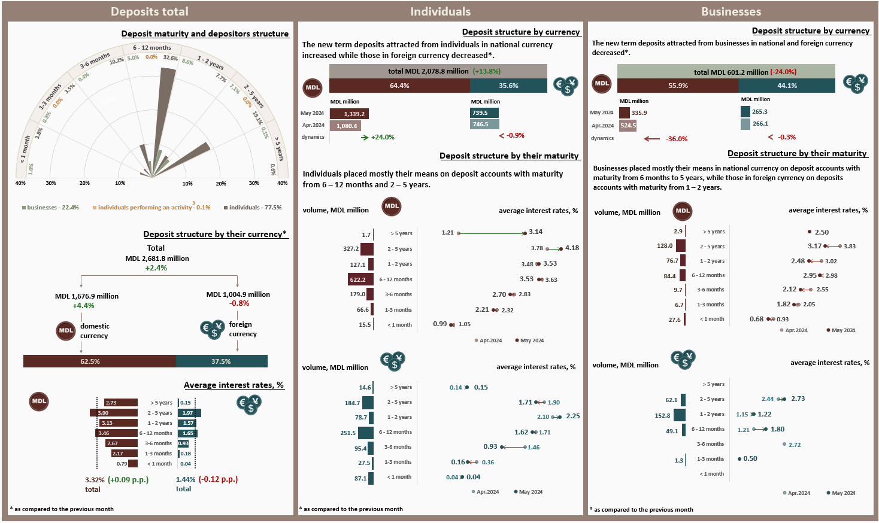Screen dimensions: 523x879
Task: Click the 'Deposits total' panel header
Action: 150,11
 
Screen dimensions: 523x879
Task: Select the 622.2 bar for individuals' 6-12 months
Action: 361,279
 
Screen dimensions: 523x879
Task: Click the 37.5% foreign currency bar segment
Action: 222,361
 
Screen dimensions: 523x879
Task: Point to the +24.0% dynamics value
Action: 383,137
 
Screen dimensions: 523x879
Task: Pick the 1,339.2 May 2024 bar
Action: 348,114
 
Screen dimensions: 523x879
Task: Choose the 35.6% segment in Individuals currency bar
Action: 508,86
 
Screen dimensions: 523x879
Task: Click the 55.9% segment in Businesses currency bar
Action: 678,86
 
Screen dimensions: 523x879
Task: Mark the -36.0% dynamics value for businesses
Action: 677,139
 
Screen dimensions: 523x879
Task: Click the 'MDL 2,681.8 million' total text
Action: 157,259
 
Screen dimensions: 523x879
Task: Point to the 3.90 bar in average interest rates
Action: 114,413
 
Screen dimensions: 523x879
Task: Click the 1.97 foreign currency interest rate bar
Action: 189,413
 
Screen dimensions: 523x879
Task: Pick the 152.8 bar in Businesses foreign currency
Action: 680,415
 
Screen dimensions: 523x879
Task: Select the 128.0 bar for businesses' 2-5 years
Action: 681,246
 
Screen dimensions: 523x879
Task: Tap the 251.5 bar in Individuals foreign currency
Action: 368,433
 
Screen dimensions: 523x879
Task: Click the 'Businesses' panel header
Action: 731,11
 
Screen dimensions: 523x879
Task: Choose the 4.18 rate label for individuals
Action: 572,248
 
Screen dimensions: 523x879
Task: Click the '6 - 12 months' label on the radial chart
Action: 152,48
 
